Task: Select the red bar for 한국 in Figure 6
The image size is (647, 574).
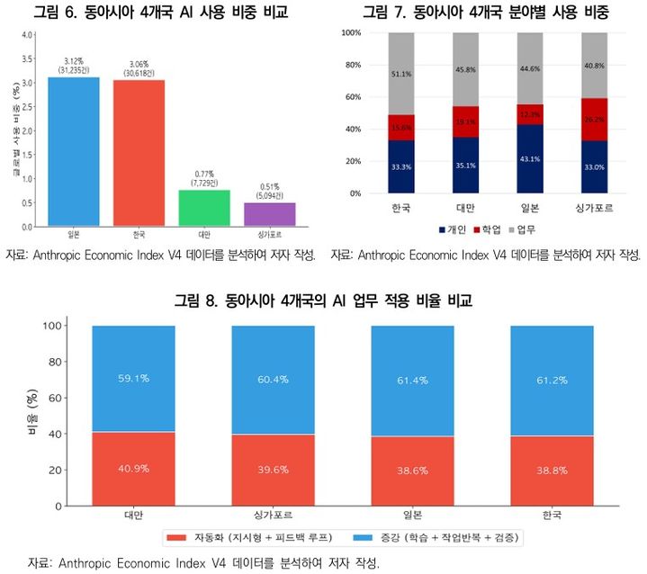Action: coord(139,153)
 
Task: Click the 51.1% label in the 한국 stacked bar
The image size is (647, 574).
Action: coord(401,75)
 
